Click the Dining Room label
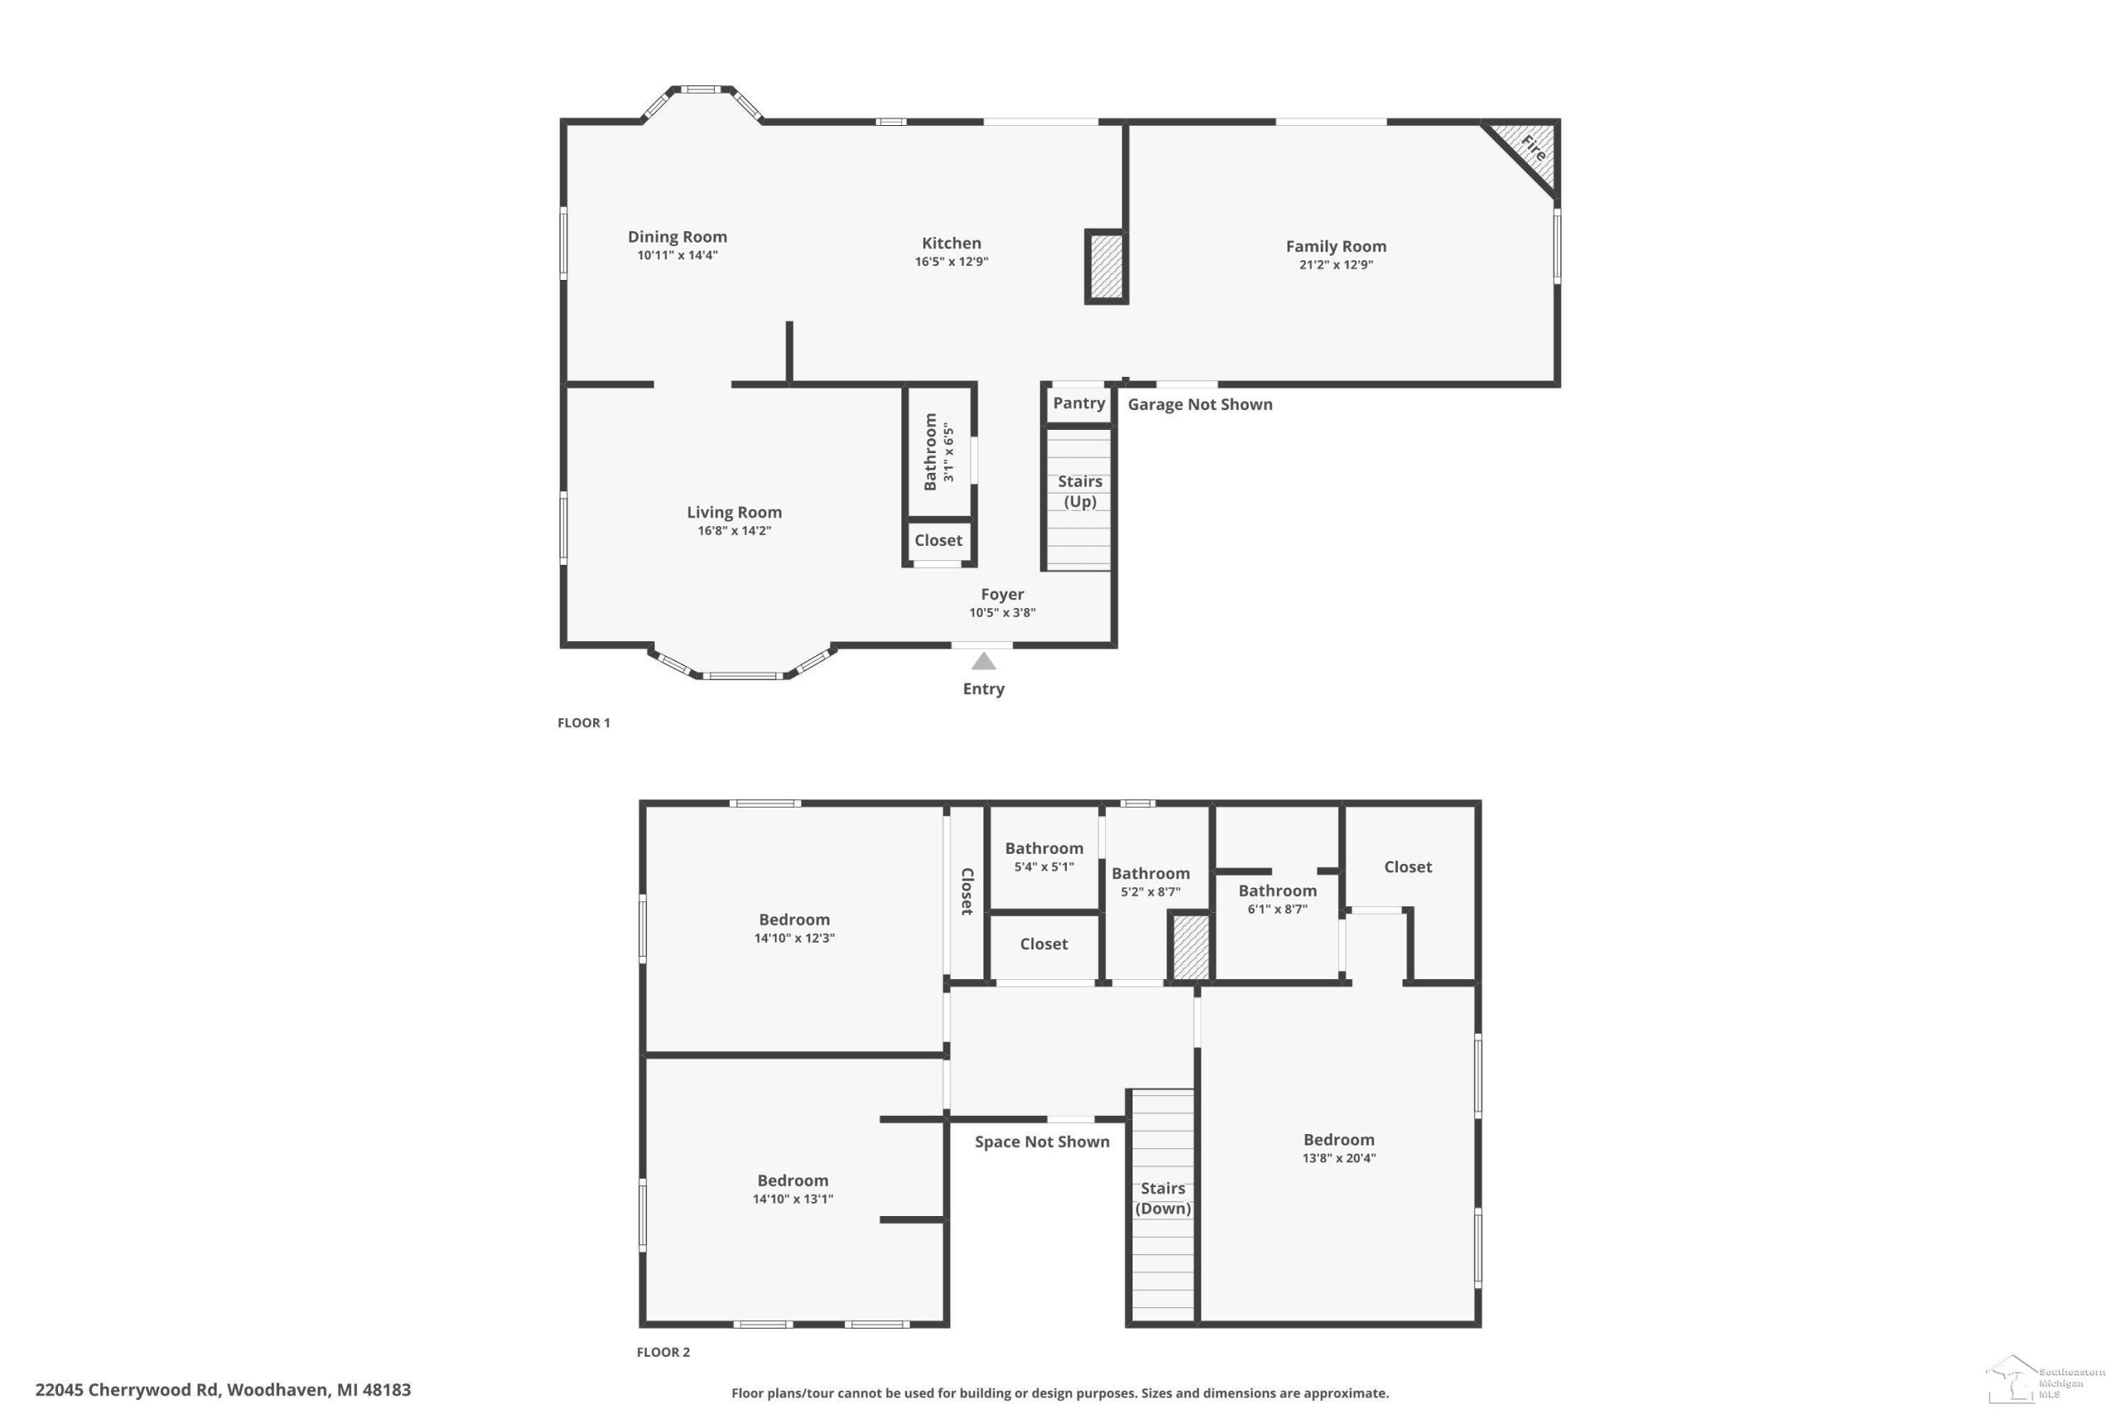[677, 237]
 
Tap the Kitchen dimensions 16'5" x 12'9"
[951, 263]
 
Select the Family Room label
[1336, 246]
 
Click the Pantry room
[1079, 404]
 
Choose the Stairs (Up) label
[1080, 491]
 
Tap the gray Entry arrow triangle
[983, 661]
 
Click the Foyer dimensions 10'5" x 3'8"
[1002, 613]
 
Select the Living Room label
[734, 512]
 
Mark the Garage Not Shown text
[1200, 404]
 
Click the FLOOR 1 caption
[583, 722]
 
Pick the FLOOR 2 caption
[663, 1352]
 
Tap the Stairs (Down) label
[1162, 1199]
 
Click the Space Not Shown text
[1041, 1141]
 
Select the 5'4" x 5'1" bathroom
[1044, 857]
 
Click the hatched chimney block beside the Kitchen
[1105, 265]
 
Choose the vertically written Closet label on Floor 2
[967, 892]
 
